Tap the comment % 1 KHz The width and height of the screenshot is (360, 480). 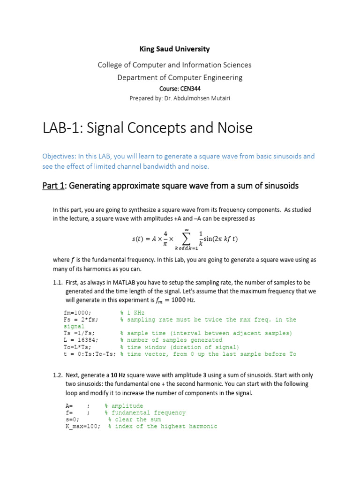[132, 313]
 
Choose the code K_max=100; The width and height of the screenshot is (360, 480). [82, 427]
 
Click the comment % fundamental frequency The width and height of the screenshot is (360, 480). [145, 413]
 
